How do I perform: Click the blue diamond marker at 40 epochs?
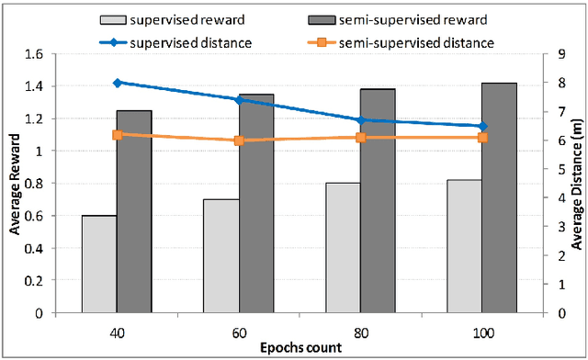point(118,83)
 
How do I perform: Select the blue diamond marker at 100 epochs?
point(482,127)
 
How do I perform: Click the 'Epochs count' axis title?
point(300,349)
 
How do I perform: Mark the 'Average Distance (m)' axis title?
point(577,184)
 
